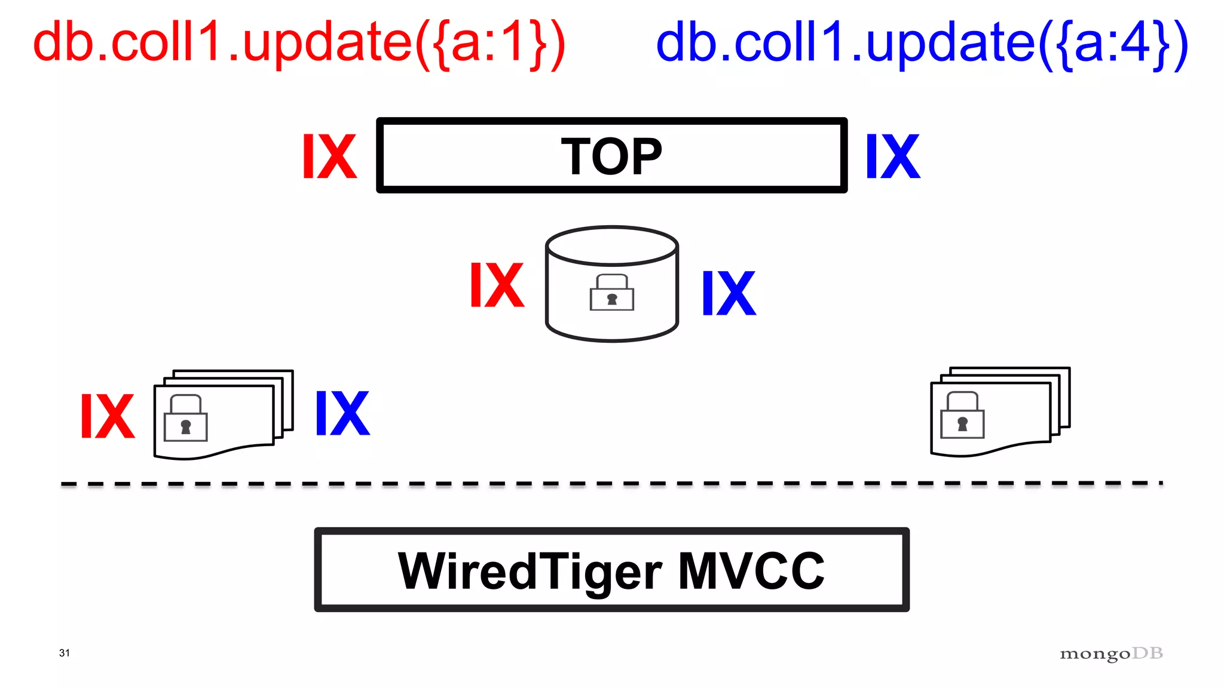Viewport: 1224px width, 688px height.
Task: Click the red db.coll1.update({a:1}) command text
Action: pyautogui.click(x=299, y=43)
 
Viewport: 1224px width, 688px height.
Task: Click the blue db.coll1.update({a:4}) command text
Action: pyautogui.click(x=922, y=43)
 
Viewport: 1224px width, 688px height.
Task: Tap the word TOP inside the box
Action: pyautogui.click(x=611, y=156)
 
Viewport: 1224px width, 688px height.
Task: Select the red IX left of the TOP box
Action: pyautogui.click(x=329, y=156)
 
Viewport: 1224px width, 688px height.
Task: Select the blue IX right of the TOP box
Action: pyautogui.click(x=893, y=156)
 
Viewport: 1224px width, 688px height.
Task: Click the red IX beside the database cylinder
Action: pyautogui.click(x=497, y=285)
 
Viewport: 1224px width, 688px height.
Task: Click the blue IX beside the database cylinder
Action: pyautogui.click(x=729, y=293)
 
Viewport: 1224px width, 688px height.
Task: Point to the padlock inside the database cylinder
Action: pyautogui.click(x=611, y=293)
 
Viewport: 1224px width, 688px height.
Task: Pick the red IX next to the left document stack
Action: pyautogui.click(x=108, y=416)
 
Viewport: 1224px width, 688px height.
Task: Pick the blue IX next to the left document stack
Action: pyautogui.click(x=342, y=413)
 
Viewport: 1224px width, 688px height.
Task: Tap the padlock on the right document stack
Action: pyautogui.click(x=962, y=416)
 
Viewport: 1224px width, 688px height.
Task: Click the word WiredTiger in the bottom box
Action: pyautogui.click(x=530, y=572)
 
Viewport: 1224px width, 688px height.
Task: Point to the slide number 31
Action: pyautogui.click(x=65, y=653)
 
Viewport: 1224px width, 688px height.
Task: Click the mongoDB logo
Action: pyautogui.click(x=1111, y=654)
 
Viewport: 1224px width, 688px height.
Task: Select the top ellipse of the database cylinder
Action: pyautogui.click(x=611, y=245)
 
